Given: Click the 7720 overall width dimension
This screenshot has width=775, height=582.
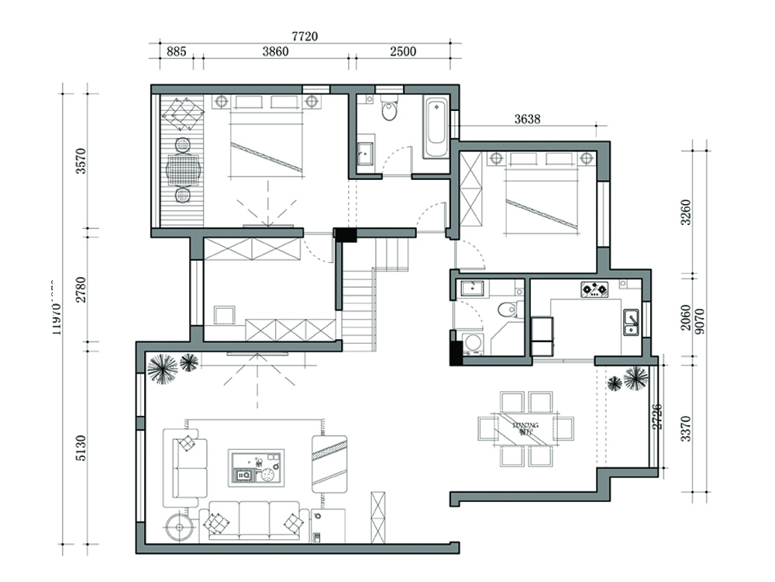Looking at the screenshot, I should point(305,36).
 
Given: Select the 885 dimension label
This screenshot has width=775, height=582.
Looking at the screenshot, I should point(176,52).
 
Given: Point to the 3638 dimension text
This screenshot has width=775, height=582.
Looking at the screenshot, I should point(527,120).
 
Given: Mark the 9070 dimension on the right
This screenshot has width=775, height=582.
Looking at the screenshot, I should point(701,320).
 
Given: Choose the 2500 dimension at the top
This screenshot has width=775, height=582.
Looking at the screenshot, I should point(403,52).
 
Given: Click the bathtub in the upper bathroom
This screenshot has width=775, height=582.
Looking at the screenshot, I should point(436,127).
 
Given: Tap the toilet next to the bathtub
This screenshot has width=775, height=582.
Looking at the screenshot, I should point(389,110).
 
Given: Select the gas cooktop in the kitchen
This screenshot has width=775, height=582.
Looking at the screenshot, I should point(594,290).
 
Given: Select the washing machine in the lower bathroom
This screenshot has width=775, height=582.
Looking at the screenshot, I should point(470,344).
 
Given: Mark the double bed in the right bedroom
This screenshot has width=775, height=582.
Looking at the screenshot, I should point(542,198).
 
